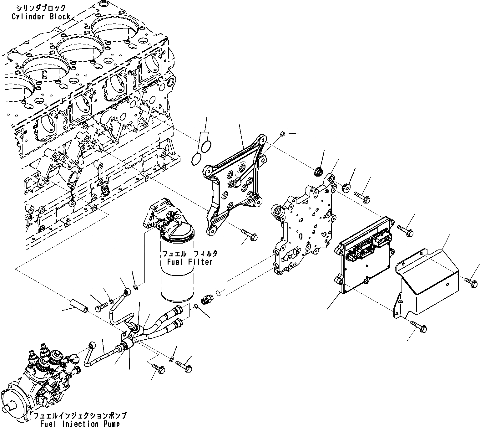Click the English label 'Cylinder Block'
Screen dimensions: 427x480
[x=41, y=17]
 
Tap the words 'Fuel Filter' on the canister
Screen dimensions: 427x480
[x=187, y=262]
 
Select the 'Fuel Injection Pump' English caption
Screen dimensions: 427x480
[x=80, y=424]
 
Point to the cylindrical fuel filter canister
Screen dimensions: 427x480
[x=177, y=269]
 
